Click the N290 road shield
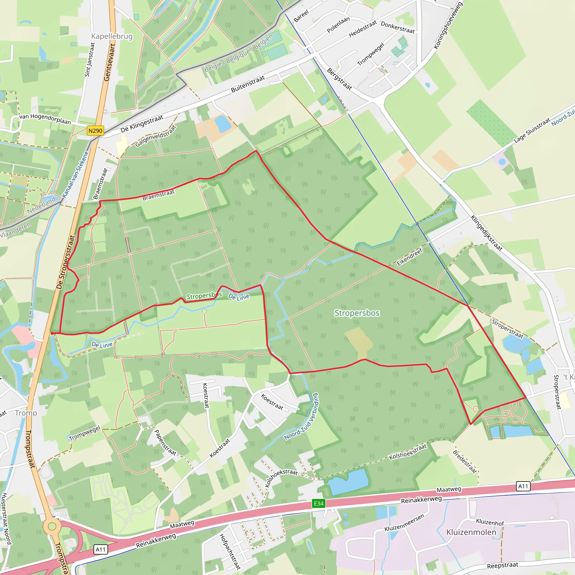tap(95, 131)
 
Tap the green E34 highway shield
tap(318, 503)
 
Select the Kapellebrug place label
tap(112, 36)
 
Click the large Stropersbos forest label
tap(357, 313)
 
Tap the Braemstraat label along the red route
tap(158, 195)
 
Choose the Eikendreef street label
tap(410, 257)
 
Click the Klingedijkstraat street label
tap(486, 233)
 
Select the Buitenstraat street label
tap(248, 84)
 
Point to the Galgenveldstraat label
tap(156, 136)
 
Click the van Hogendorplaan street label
tap(45, 119)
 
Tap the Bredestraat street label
tap(465, 461)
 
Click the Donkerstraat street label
tap(398, 28)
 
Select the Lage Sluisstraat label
tap(532, 130)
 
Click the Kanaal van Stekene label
tap(75, 174)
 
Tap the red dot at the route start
tap(52, 333)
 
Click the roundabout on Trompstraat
tap(52, 526)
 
